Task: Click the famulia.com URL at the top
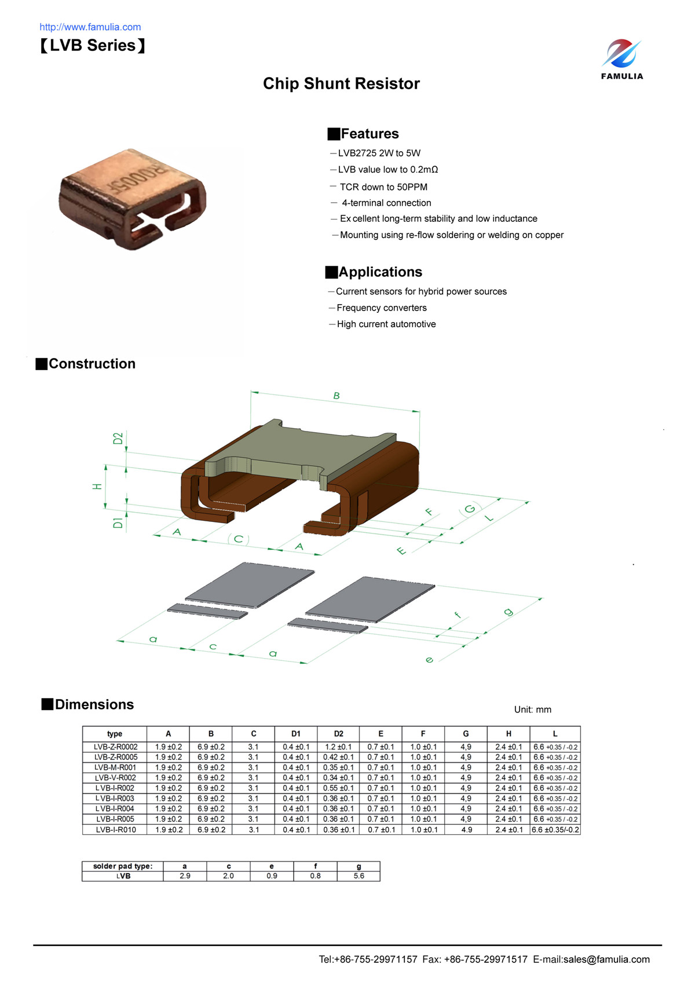90,27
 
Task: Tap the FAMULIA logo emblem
621,53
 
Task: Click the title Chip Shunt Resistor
341,83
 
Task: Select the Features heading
369,134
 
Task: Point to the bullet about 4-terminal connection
386,203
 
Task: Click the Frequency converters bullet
381,308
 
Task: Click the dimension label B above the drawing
336,396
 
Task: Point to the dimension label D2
118,438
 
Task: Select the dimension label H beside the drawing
97,487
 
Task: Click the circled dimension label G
470,509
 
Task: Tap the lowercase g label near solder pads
508,612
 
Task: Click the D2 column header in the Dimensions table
338,733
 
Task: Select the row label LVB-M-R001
115,768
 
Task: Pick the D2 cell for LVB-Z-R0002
338,747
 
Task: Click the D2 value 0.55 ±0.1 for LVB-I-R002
338,788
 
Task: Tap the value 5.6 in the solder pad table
359,876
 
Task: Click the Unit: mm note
532,710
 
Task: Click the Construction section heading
92,364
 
